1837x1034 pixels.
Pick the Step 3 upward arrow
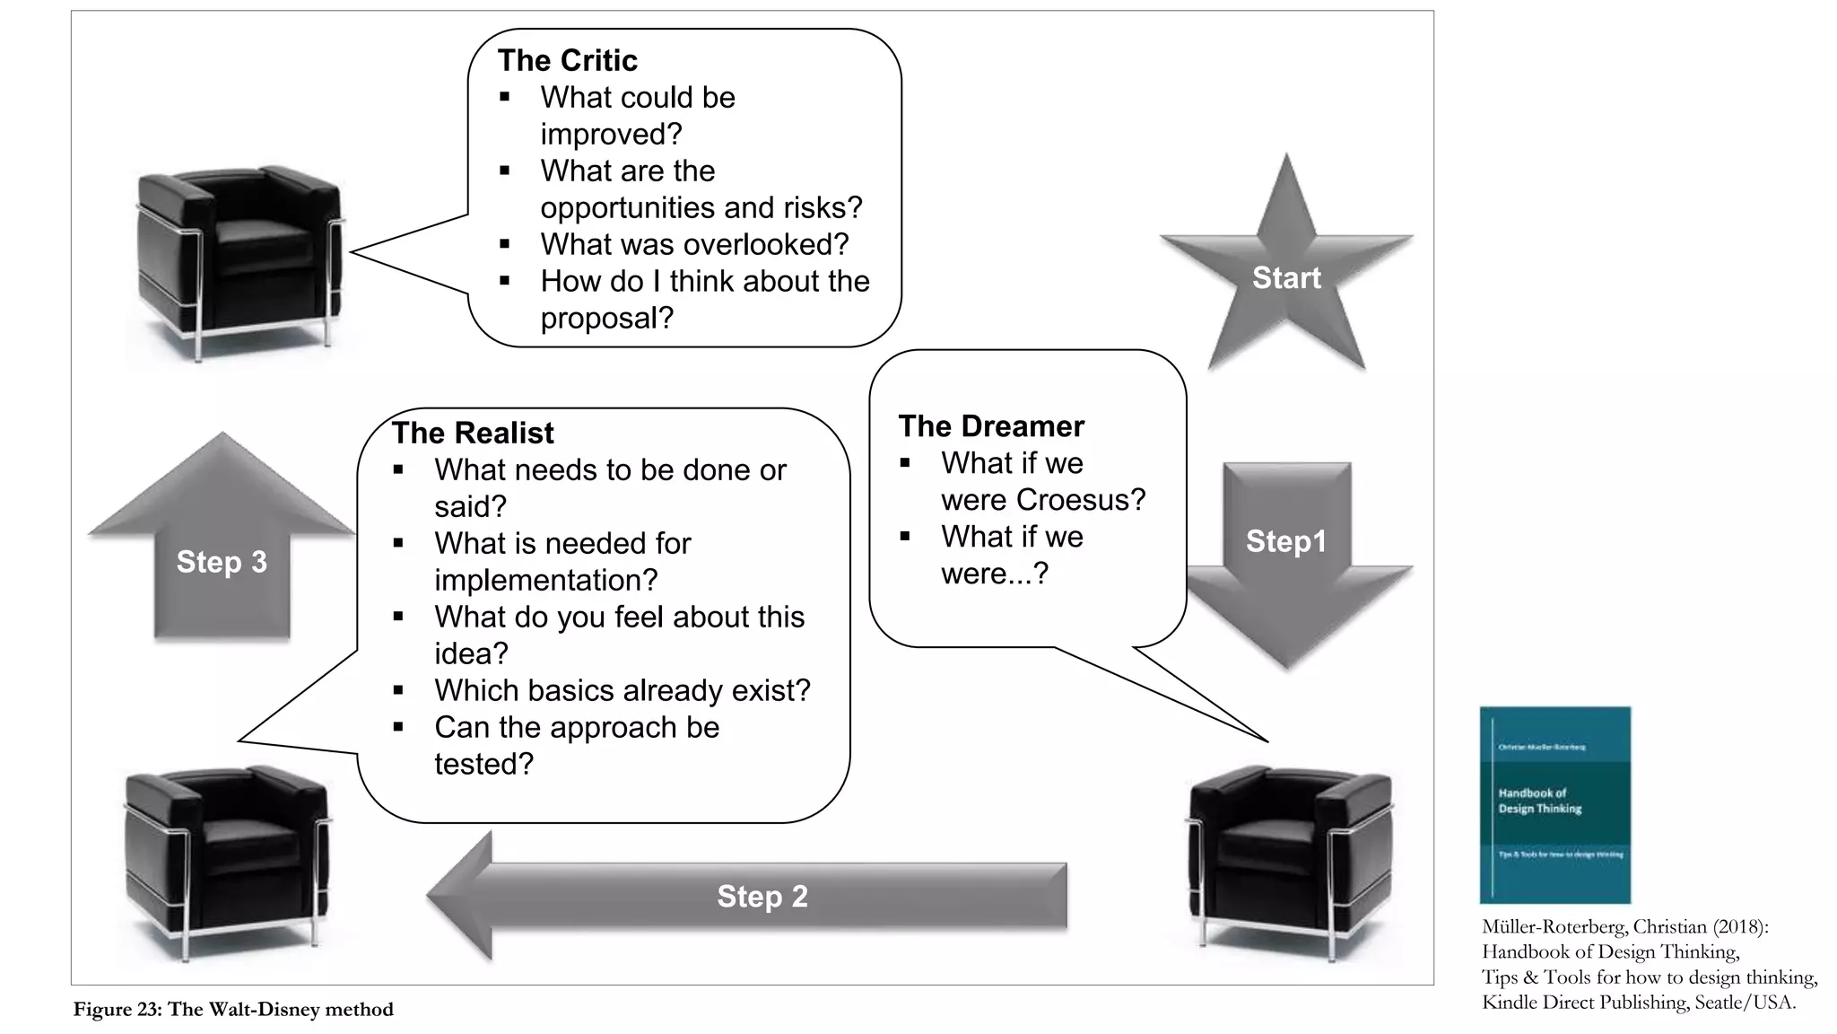(x=222, y=548)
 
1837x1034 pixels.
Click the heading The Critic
(x=567, y=60)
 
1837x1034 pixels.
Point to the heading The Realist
(x=473, y=433)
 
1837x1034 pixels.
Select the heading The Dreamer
(x=990, y=425)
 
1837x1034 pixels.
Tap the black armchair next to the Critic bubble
(x=239, y=260)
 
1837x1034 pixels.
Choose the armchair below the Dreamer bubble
(x=1290, y=862)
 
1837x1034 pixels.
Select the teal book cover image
(x=1554, y=804)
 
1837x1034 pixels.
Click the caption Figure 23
(x=233, y=1010)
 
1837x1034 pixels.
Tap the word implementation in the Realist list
(x=545, y=580)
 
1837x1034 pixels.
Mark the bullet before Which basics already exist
(x=398, y=690)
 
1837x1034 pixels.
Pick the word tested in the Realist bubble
(x=483, y=764)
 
